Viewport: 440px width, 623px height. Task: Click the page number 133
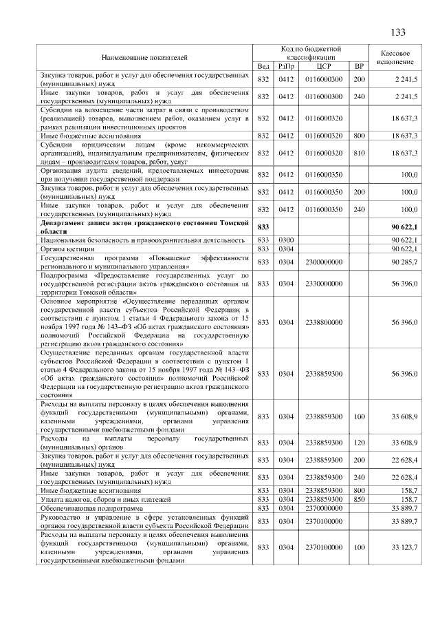(x=397, y=33)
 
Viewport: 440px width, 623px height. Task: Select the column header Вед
(x=263, y=66)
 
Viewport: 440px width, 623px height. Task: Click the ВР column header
(x=358, y=66)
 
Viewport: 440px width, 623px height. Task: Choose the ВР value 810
(x=358, y=153)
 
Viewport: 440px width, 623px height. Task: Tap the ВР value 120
(x=358, y=441)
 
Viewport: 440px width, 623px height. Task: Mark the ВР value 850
(x=358, y=498)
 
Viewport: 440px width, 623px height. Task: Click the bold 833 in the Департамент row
(x=263, y=226)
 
